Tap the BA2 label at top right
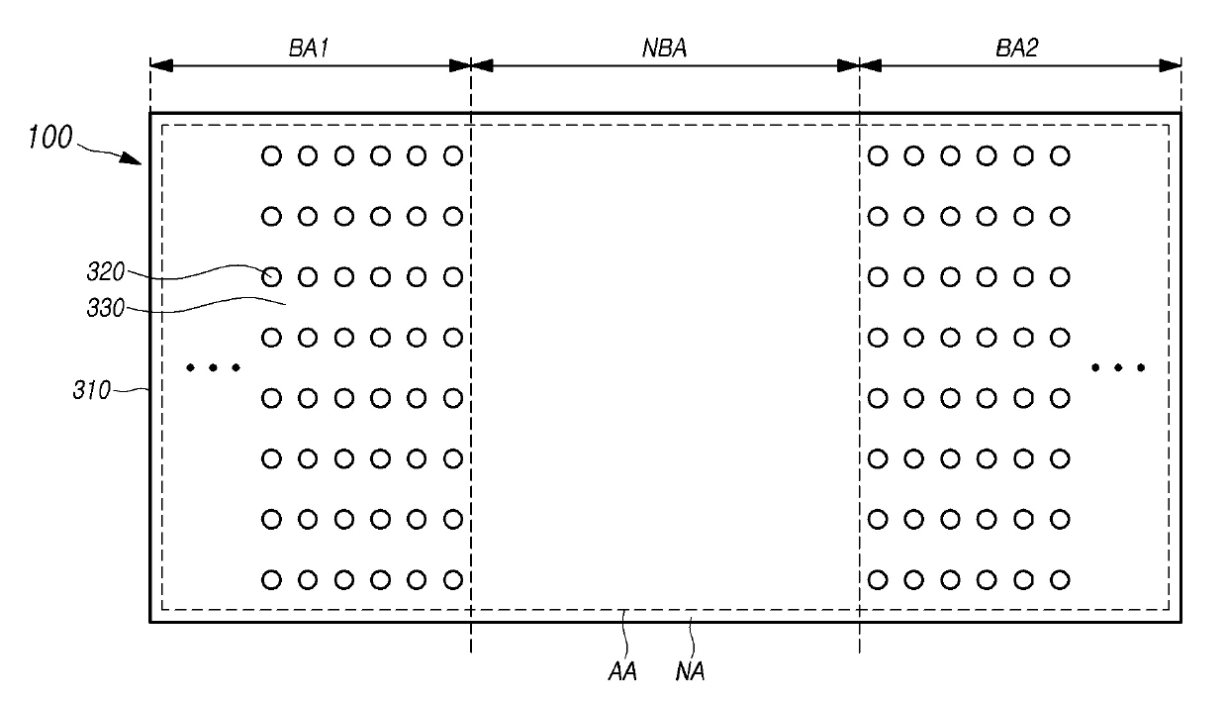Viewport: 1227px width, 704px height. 1018,48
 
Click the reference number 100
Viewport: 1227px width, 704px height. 50,137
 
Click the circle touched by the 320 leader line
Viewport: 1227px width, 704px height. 271,276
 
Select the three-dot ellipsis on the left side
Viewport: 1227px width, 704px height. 213,368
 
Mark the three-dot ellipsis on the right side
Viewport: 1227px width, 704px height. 1118,368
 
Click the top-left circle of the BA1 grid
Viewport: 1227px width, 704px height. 271,155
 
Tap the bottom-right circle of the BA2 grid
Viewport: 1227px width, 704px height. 1060,579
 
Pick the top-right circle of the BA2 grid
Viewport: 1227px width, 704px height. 1060,155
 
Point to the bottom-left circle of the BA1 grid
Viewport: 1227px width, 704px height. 271,579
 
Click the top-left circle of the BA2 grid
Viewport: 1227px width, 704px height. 878,155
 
